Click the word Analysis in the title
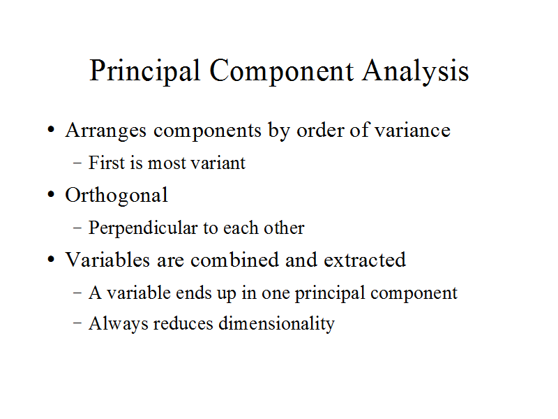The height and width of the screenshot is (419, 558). pyautogui.click(x=416, y=71)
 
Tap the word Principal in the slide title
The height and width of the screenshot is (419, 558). pyautogui.click(x=145, y=71)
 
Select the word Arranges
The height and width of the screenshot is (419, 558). pyautogui.click(x=106, y=131)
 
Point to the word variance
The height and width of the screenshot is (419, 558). pyautogui.click(x=413, y=130)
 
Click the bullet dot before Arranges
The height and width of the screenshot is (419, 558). pyautogui.click(x=51, y=130)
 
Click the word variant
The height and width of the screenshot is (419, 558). pyautogui.click(x=218, y=163)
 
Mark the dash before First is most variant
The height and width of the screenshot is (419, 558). pyautogui.click(x=77, y=163)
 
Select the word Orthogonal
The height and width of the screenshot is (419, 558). pyautogui.click(x=116, y=196)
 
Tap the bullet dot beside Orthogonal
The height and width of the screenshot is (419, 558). pyautogui.click(x=51, y=195)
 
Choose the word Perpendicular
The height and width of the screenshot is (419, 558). pyautogui.click(x=143, y=228)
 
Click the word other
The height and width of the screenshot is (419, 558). pyautogui.click(x=284, y=228)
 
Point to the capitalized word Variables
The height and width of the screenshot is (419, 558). pyautogui.click(x=107, y=260)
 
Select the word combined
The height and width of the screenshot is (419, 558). pyautogui.click(x=234, y=260)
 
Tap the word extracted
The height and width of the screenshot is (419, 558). pyautogui.click(x=365, y=260)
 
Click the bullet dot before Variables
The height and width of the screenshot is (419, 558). pyautogui.click(x=51, y=260)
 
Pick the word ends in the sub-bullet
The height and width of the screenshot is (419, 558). pyautogui.click(x=194, y=293)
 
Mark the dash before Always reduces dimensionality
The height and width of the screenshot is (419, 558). pyautogui.click(x=77, y=323)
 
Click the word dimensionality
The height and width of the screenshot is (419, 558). pyautogui.click(x=276, y=324)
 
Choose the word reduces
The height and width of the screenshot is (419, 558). pyautogui.click(x=183, y=323)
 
